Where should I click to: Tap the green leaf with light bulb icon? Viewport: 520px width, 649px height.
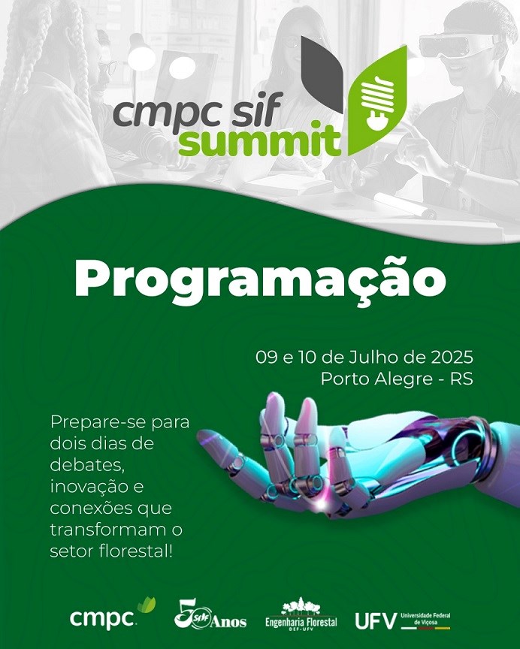coord(376,101)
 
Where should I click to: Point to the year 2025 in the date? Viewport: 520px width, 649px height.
coord(452,358)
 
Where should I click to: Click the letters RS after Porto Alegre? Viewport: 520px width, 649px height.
coord(461,379)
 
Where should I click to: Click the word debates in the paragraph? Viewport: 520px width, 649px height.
coord(86,465)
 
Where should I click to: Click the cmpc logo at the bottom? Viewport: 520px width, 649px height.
coord(113,614)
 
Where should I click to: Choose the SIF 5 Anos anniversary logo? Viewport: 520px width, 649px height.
coord(210,614)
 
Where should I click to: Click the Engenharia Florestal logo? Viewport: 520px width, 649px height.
coord(301,614)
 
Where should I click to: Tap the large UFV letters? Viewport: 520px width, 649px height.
coord(375,621)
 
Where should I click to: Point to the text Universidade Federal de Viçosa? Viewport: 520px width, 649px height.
coord(425,619)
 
